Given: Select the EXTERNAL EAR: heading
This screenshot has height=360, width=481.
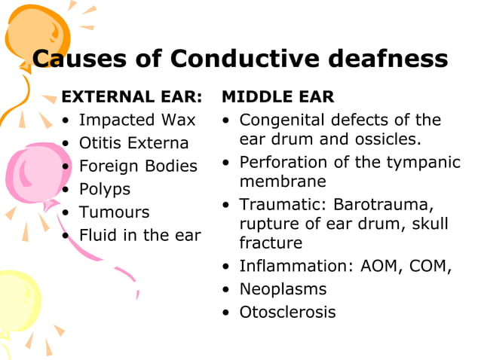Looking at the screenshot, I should pyautogui.click(x=132, y=97).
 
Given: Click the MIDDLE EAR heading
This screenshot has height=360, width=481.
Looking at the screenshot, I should pyautogui.click(x=277, y=97).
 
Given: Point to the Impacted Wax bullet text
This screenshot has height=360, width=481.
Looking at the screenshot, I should pyautogui.click(x=137, y=120).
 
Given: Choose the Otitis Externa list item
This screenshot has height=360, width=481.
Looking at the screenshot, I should pyautogui.click(x=133, y=143).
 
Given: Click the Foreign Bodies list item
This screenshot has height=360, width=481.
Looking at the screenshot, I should pyautogui.click(x=138, y=166).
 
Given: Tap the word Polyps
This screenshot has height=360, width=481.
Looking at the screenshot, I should pyautogui.click(x=105, y=189).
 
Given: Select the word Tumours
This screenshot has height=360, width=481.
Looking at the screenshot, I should pyautogui.click(x=115, y=212).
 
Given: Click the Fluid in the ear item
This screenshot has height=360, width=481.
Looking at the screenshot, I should pyautogui.click(x=140, y=235).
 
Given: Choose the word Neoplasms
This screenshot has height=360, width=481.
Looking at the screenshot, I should pyautogui.click(x=283, y=289).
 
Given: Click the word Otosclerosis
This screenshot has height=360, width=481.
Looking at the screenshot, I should pyautogui.click(x=287, y=312).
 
